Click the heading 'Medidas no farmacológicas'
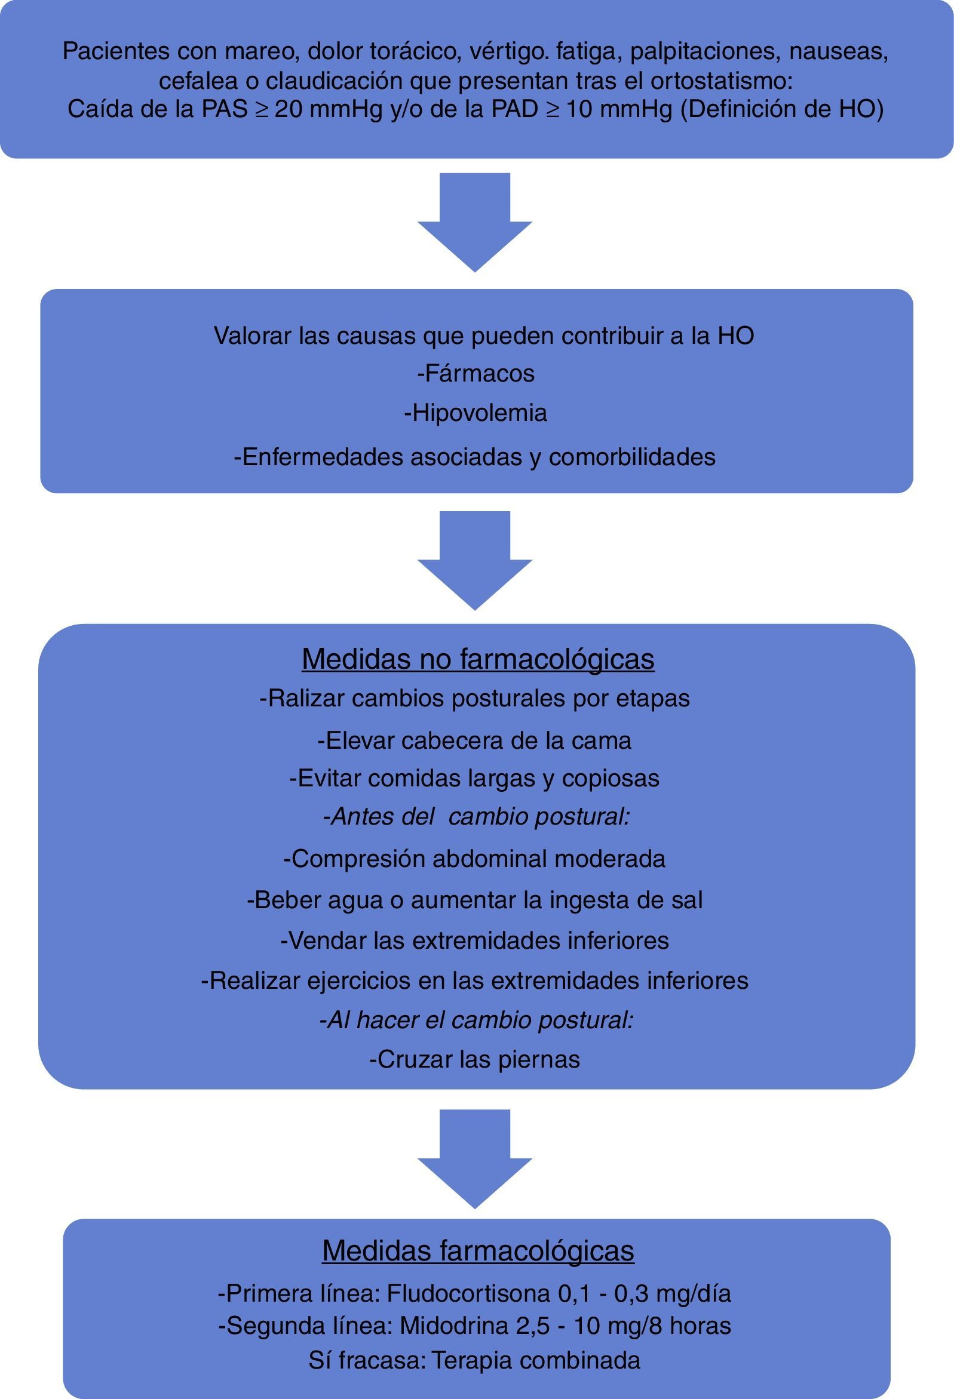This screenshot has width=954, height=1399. (x=478, y=659)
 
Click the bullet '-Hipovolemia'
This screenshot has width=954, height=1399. (x=476, y=413)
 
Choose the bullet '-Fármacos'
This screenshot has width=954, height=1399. (x=476, y=374)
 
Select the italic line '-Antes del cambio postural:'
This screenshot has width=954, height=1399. (x=476, y=817)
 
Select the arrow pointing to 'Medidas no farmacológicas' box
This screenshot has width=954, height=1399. (x=474, y=560)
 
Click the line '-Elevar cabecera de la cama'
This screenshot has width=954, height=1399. (x=474, y=740)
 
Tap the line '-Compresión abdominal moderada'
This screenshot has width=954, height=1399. (x=474, y=859)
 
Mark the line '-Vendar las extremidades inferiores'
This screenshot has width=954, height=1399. (x=474, y=940)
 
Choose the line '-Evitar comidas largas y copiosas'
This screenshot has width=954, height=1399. (x=474, y=778)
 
